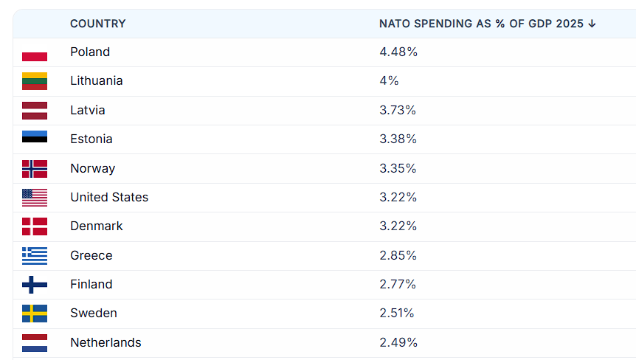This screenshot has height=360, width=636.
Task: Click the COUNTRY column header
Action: pyautogui.click(x=97, y=24)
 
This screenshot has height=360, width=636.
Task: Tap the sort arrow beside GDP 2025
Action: pyautogui.click(x=592, y=24)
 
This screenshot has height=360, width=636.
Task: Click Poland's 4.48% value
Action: pyautogui.click(x=398, y=52)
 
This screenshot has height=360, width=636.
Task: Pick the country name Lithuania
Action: pyautogui.click(x=96, y=80)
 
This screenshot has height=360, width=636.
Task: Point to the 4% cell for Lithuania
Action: pyautogui.click(x=389, y=80)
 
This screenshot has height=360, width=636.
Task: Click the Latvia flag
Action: pyautogui.click(x=35, y=111)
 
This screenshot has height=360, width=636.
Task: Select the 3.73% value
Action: pyautogui.click(x=398, y=110)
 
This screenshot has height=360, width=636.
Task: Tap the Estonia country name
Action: pyautogui.click(x=91, y=139)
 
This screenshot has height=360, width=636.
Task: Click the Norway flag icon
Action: pyautogui.click(x=35, y=169)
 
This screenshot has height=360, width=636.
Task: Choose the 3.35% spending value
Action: pyautogui.click(x=398, y=168)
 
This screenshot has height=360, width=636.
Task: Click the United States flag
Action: pyautogui.click(x=35, y=198)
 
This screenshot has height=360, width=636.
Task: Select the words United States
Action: pyautogui.click(x=109, y=197)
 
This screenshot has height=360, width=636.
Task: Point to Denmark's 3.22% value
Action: pyautogui.click(x=398, y=226)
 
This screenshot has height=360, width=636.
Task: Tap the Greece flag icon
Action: pyautogui.click(x=35, y=256)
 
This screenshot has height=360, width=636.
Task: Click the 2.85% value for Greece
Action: pyautogui.click(x=398, y=255)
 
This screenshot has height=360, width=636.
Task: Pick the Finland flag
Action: pyautogui.click(x=35, y=285)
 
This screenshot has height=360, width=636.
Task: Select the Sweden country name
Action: pyautogui.click(x=93, y=313)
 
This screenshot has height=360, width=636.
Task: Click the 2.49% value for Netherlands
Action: pyautogui.click(x=398, y=342)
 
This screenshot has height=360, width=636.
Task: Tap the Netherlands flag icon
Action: pyautogui.click(x=35, y=343)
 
